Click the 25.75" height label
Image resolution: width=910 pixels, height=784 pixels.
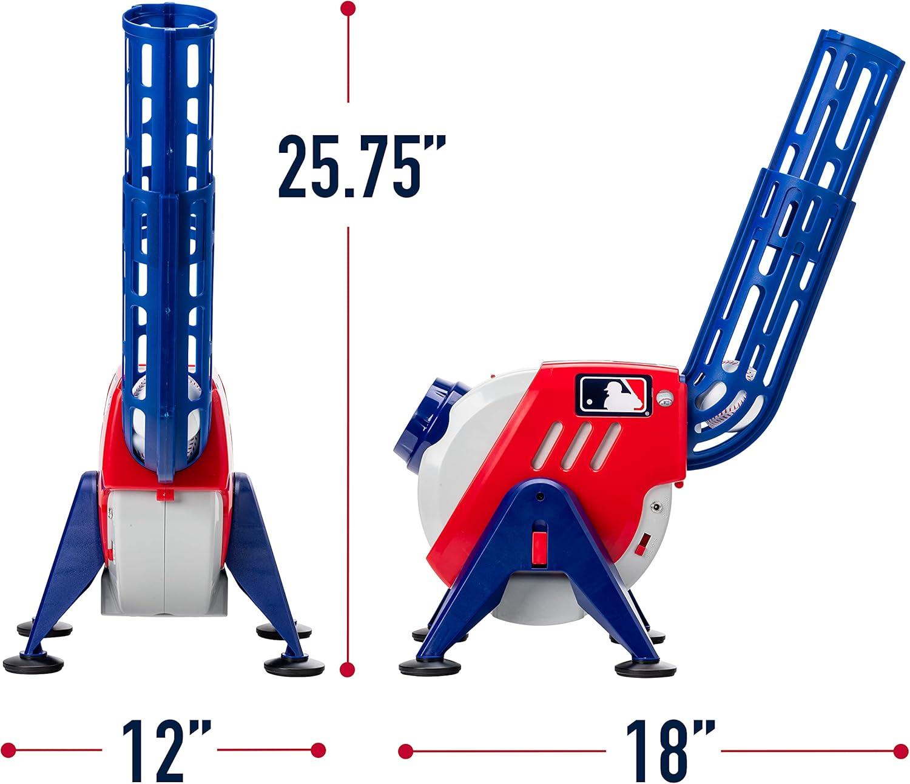[x=362, y=166]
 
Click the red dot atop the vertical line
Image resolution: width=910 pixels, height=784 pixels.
[x=348, y=8]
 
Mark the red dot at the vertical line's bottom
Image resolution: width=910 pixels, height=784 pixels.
[x=348, y=669]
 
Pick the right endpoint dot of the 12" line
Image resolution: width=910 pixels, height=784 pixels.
[x=317, y=749]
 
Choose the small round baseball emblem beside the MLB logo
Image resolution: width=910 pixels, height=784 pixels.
[x=666, y=398]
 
